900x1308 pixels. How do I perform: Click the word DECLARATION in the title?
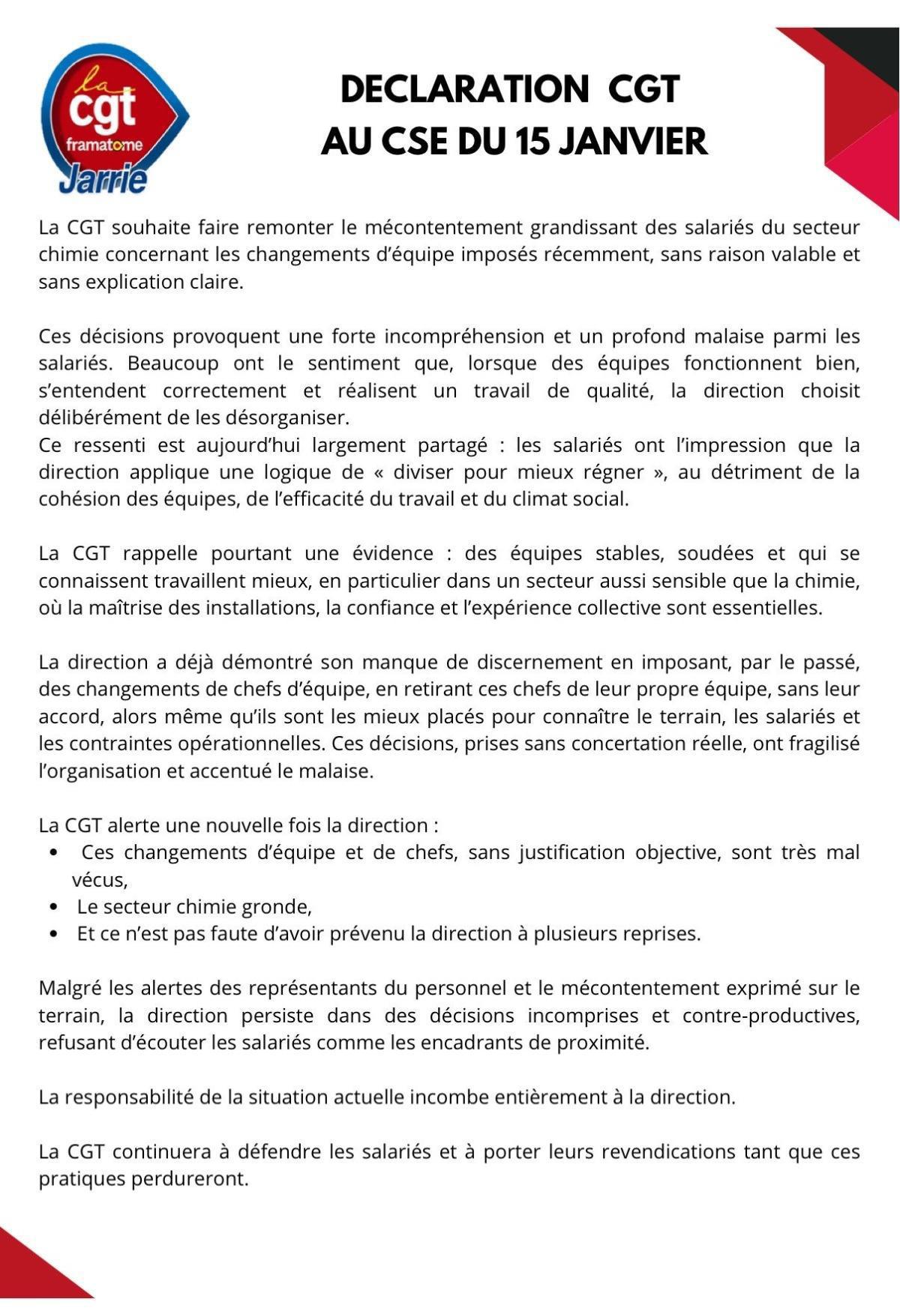(x=464, y=90)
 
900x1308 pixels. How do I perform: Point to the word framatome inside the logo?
(x=104, y=145)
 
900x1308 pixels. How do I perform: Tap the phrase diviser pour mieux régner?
(x=524, y=472)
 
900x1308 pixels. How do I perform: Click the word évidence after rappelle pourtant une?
(x=392, y=553)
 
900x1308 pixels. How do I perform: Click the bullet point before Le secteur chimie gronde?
(x=53, y=907)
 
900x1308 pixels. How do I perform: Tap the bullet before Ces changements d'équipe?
(x=53, y=853)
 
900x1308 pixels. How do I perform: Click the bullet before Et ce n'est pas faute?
(x=53, y=934)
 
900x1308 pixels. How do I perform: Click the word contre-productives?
(x=770, y=1016)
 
